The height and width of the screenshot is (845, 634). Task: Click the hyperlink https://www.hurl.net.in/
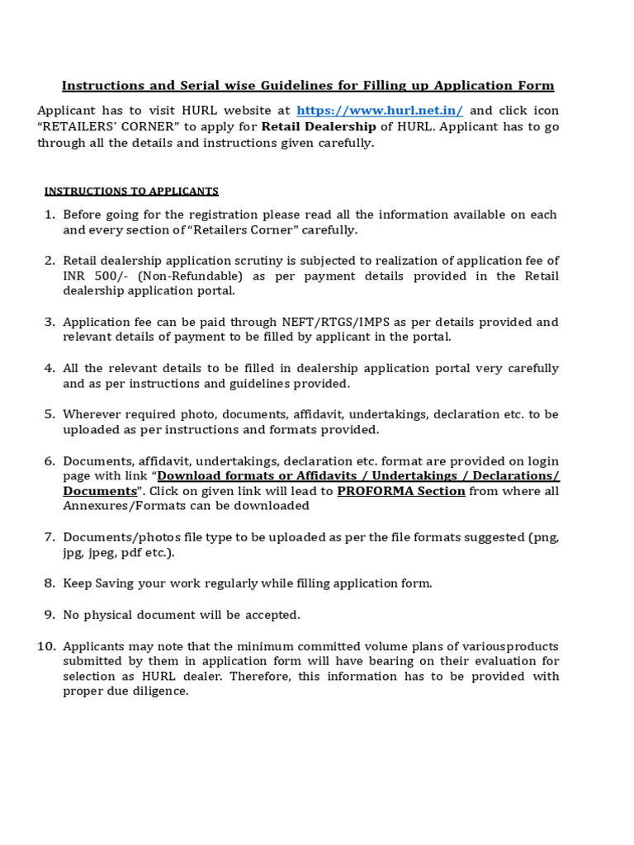380,111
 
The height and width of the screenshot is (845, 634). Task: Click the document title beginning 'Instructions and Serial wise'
309,86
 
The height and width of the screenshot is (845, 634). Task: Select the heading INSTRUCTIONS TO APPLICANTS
131,191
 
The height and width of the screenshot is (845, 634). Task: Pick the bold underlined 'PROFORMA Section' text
401,491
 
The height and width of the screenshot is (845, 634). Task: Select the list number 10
46,646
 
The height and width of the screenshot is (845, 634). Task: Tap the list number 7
50,537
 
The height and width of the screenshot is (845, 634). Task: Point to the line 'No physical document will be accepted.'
182,615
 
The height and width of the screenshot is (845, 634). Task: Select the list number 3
50,322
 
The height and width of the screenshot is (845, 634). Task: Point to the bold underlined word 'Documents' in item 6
100,491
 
